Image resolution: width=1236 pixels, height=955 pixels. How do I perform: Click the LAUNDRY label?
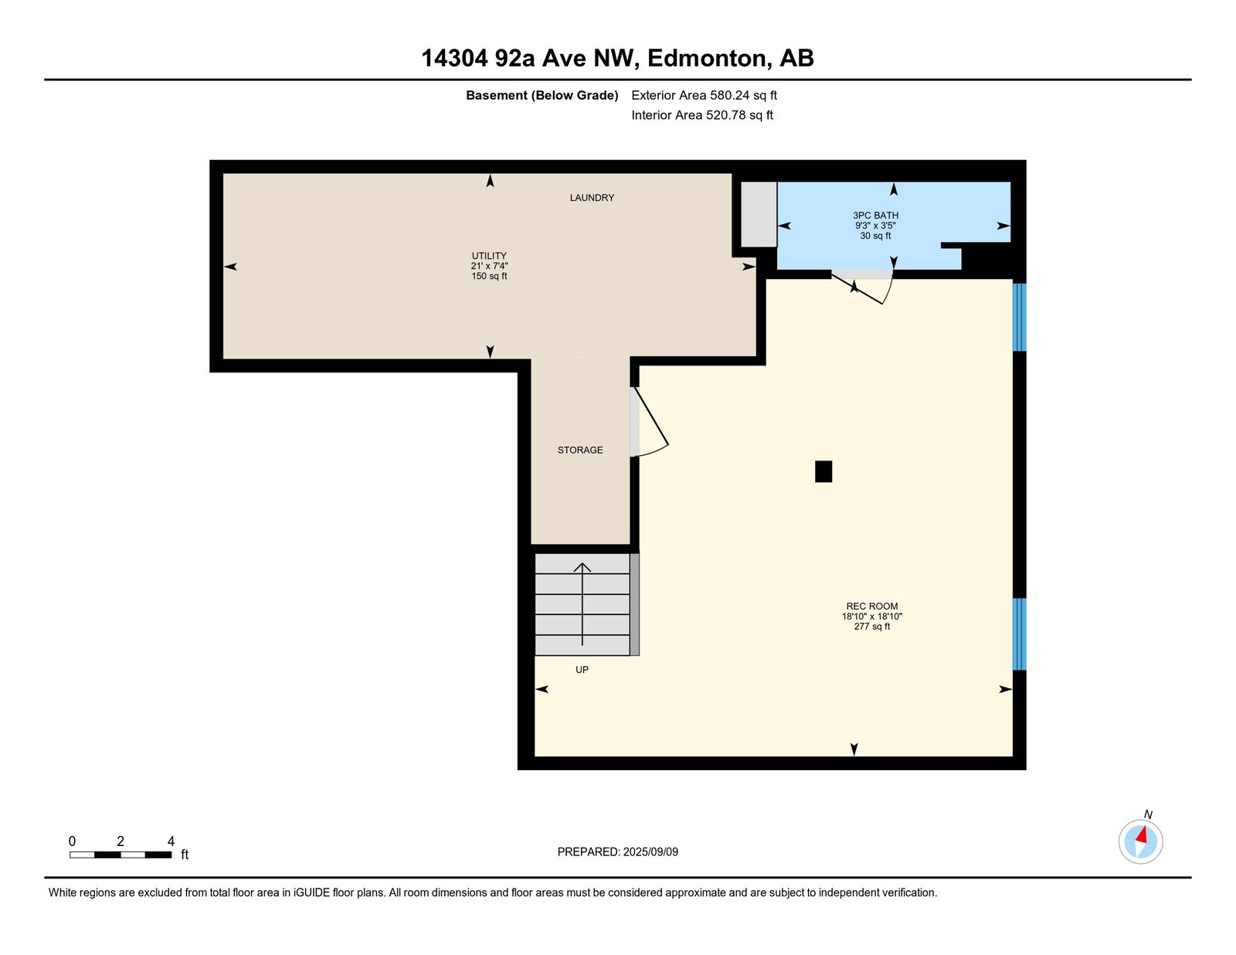(592, 197)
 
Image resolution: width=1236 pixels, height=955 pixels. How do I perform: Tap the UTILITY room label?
(488, 256)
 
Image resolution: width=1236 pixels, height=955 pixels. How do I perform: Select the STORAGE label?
(579, 450)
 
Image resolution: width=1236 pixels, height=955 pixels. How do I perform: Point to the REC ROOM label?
(871, 607)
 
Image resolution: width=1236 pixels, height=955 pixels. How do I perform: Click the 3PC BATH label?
(875, 216)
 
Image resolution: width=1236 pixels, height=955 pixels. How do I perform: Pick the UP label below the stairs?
(582, 669)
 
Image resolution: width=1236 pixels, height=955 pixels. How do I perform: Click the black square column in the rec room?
(823, 471)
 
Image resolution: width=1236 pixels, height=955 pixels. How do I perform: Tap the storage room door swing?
(650, 421)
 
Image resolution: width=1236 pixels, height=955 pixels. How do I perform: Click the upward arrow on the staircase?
(582, 604)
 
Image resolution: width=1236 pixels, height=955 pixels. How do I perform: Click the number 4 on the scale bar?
(171, 841)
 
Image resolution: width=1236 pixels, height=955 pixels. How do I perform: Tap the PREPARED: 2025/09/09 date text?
(617, 851)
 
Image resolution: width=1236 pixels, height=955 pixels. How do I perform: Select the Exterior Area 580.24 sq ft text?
(704, 95)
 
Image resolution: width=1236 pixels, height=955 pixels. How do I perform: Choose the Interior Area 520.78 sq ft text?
(702, 115)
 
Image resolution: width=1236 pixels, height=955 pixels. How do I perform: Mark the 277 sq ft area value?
(871, 627)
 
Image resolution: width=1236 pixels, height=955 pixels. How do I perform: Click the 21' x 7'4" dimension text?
(488, 266)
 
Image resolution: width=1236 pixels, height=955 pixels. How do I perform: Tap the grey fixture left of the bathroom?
(759, 215)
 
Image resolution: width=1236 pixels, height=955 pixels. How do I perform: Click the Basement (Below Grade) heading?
(542, 95)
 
